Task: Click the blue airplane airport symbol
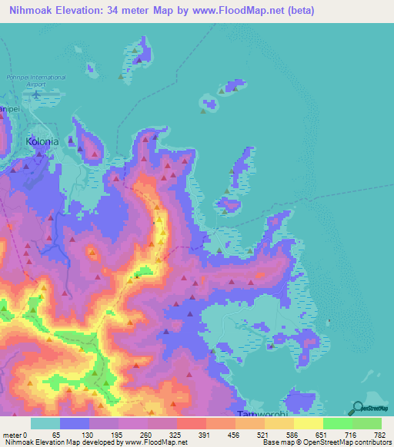click(36, 94)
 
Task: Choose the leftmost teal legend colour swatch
click(45, 423)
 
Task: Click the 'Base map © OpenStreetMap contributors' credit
click(323, 442)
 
